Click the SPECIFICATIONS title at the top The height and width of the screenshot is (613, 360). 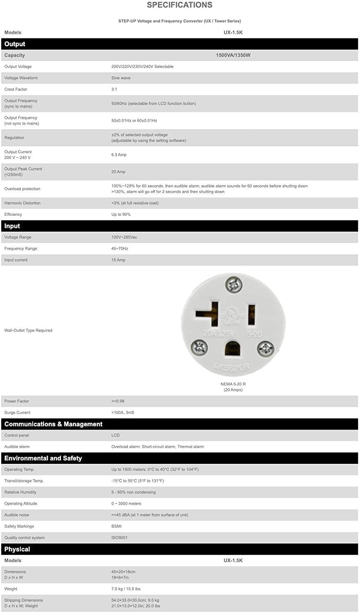179,5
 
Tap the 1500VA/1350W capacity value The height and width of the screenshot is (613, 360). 233,55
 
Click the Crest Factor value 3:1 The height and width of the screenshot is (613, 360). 114,89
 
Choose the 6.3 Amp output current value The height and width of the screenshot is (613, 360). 119,154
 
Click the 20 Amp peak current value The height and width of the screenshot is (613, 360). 119,172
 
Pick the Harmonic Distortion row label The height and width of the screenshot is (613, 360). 22,203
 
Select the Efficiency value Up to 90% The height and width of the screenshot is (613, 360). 121,214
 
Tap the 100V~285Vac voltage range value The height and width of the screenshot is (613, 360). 124,237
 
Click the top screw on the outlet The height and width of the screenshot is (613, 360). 234,284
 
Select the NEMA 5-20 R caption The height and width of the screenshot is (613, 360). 233,384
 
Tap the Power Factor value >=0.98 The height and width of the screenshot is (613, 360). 118,401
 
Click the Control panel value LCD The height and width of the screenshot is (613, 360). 116,435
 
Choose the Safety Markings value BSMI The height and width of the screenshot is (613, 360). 116,526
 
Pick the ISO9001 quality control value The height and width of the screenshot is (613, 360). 119,537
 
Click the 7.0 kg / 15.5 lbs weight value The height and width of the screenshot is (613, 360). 126,589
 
